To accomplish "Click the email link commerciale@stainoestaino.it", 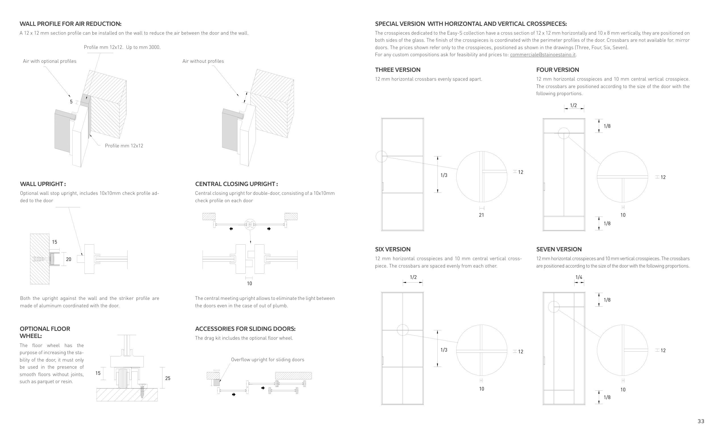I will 542,55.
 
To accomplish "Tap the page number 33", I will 701,421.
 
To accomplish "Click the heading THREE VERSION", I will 398,70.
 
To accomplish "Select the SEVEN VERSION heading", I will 559,249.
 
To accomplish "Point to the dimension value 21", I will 481,215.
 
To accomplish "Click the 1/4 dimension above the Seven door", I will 579,277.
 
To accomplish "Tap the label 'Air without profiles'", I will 203,61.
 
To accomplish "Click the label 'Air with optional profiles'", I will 50,61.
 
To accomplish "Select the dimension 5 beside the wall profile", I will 71,102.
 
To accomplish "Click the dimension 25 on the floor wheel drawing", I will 168,378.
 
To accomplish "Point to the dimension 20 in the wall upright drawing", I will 69,259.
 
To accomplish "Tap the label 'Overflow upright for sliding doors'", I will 268,360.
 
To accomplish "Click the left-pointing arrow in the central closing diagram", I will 231,229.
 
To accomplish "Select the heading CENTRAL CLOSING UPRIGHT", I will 236,184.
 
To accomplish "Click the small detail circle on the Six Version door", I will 402,330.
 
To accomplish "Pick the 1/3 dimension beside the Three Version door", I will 444,175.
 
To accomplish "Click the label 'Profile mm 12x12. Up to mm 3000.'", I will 122,47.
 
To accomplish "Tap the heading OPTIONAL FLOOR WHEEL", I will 45,332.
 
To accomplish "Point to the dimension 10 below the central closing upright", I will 249,283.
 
